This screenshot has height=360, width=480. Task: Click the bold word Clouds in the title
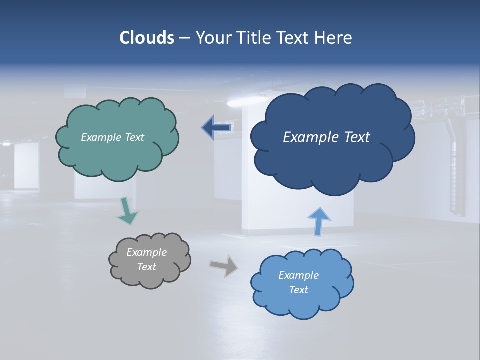click(x=146, y=38)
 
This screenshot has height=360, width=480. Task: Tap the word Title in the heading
click(x=254, y=38)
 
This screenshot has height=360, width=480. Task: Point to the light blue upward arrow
click(x=318, y=221)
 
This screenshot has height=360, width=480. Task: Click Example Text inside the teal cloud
click(x=112, y=137)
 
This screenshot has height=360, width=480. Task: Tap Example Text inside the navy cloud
click(x=326, y=137)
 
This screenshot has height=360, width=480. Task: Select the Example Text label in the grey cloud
click(x=146, y=259)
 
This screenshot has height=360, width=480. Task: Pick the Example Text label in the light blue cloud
click(x=298, y=282)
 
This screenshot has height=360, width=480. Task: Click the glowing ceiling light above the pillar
click(x=240, y=102)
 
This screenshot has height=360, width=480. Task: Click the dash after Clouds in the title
click(x=184, y=38)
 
